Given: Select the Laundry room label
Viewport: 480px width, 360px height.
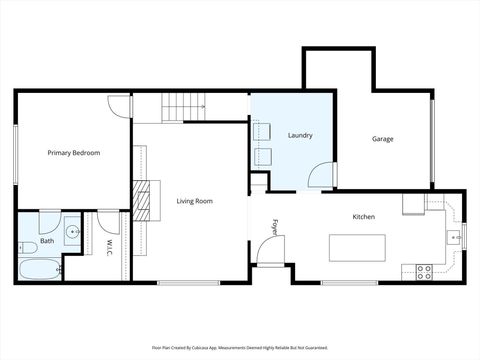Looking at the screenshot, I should pos(300,135).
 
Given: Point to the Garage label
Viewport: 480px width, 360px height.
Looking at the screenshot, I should pos(384,138).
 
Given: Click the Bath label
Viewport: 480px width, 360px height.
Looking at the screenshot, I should pos(47,241).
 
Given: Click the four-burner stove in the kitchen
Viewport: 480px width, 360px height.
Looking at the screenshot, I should pos(424,270).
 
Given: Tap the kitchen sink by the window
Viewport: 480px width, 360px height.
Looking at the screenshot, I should pos(451,237).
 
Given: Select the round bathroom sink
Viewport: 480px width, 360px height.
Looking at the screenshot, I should pos(72,234).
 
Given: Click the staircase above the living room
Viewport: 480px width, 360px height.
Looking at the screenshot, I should pos(185,104).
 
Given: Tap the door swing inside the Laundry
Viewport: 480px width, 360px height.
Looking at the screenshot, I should pos(321,175).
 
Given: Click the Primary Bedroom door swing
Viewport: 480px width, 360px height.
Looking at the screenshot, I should pos(119,105).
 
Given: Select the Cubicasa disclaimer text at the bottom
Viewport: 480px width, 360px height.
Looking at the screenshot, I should pos(240,348).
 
